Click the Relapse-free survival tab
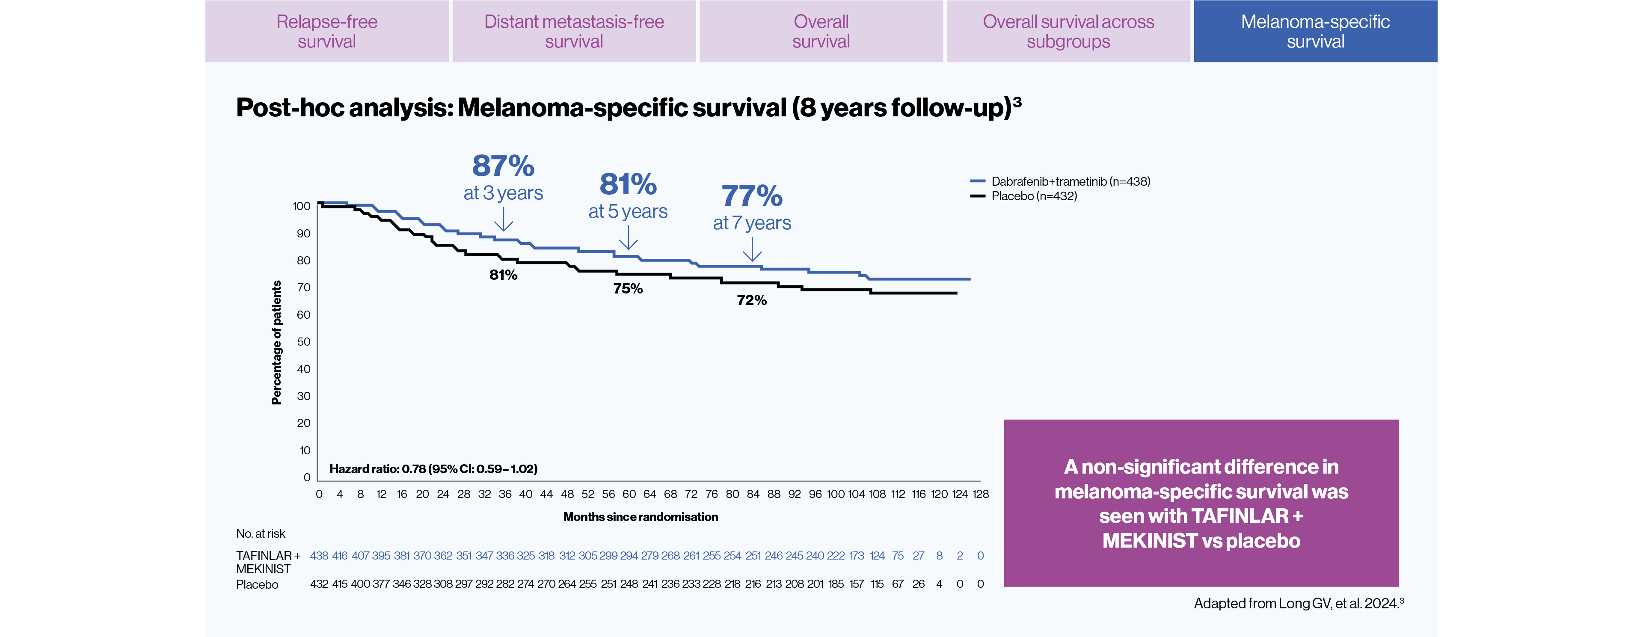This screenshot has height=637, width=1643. click(x=326, y=31)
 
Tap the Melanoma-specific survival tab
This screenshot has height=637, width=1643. click(x=1315, y=31)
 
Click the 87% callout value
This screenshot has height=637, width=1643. click(x=503, y=166)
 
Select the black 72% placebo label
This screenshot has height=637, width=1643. click(x=751, y=300)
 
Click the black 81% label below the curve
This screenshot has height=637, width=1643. click(x=503, y=275)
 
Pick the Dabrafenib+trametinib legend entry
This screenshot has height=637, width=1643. click(x=1070, y=181)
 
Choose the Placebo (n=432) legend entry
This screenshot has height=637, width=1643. click(x=1033, y=196)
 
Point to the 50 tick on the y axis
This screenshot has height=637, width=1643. click(x=304, y=342)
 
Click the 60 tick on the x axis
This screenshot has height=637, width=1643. click(x=629, y=494)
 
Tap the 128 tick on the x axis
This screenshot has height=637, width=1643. click(x=980, y=494)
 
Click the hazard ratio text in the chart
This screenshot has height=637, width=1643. click(x=433, y=469)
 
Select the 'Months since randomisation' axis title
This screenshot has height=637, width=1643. click(x=641, y=517)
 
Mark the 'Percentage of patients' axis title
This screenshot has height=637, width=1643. click(x=276, y=342)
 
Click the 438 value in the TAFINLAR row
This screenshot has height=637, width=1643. click(x=319, y=556)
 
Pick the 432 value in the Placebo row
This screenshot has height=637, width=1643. click(x=319, y=584)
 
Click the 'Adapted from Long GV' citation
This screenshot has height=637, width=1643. click(x=1298, y=603)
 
